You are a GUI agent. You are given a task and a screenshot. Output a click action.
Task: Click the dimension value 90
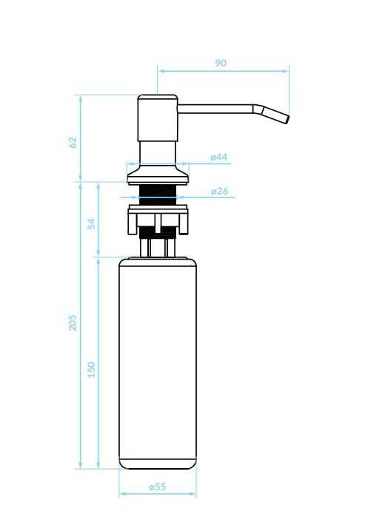[x=221, y=64]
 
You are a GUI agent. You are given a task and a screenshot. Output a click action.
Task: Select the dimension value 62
[x=73, y=141]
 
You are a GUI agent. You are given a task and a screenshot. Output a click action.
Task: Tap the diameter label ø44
[x=218, y=157]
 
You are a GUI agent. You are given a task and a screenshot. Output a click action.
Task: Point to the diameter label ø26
[x=219, y=191]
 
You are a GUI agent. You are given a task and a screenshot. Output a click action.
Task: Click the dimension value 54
[x=92, y=223]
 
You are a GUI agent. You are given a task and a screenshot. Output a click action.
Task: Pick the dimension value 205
[x=73, y=322]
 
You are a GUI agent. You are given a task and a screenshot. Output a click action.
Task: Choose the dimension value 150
[x=92, y=369]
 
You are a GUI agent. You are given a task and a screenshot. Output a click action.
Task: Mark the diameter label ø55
[x=157, y=487]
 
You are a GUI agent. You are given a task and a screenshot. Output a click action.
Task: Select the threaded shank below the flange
[x=158, y=194]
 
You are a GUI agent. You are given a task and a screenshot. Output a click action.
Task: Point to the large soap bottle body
[x=158, y=362]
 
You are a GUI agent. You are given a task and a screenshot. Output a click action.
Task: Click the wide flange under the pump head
[x=158, y=175]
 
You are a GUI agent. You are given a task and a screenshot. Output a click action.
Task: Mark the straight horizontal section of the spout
[x=215, y=109]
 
